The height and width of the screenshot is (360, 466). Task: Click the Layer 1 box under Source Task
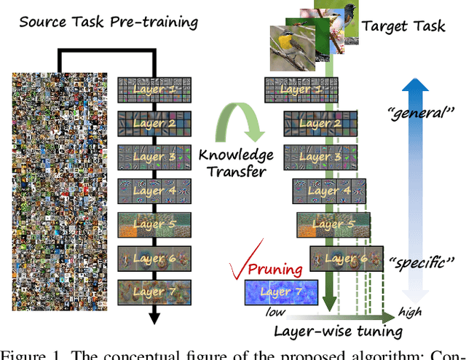154,90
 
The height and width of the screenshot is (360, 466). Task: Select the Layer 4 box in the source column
154,190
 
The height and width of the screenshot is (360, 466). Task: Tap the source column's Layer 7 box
154,291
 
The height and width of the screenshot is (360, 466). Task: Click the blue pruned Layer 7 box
281,293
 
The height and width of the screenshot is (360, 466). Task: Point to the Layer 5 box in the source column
154,224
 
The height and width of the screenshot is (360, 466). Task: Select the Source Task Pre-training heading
108,21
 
